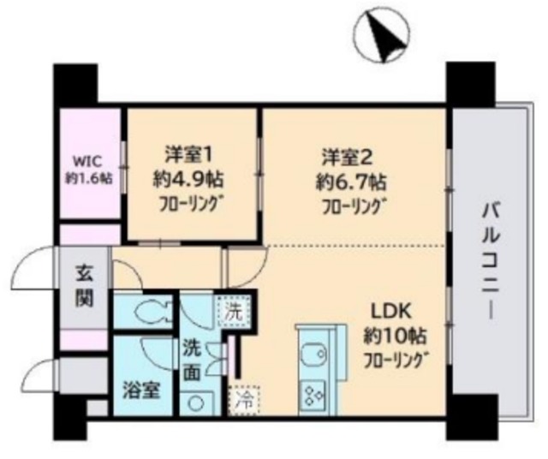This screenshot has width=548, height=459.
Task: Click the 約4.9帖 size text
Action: point(191,181)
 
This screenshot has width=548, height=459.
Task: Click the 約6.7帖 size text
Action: point(349,182)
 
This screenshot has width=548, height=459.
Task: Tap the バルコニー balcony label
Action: point(491,260)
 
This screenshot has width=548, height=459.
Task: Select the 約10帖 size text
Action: point(393,335)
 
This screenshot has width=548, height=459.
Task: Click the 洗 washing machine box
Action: point(234,313)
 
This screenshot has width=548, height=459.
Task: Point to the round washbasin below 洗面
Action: point(196,403)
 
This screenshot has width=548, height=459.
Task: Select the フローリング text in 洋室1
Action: point(192,206)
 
